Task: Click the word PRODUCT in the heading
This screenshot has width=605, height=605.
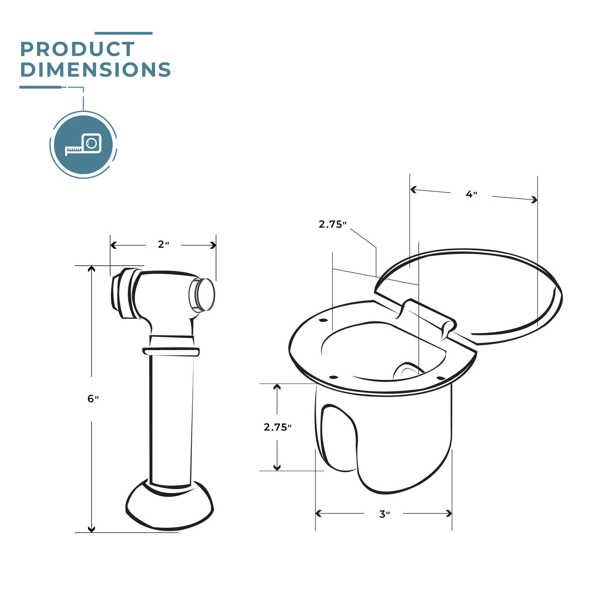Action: coord(77,49)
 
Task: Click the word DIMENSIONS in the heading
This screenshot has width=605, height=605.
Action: coord(96,70)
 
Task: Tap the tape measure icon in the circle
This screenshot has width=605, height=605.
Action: coord(83,144)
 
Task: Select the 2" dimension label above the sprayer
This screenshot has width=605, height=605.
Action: coord(163,245)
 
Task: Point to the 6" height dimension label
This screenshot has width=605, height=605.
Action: coord(93,399)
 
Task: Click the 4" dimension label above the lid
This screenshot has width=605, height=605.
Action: coord(471,194)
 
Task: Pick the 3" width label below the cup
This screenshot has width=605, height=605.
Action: coord(384,514)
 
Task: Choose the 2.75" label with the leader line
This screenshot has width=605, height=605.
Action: coord(332,224)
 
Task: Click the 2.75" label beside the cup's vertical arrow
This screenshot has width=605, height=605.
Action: coord(277,427)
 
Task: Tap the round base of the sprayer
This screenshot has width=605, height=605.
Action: coord(170,508)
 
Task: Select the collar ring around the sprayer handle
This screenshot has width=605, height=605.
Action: coord(171,351)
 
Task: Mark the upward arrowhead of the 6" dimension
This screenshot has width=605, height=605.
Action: coord(91,269)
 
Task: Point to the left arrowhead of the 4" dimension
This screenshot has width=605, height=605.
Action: coord(413,189)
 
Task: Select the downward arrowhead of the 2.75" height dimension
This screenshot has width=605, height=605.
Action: coord(277,467)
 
